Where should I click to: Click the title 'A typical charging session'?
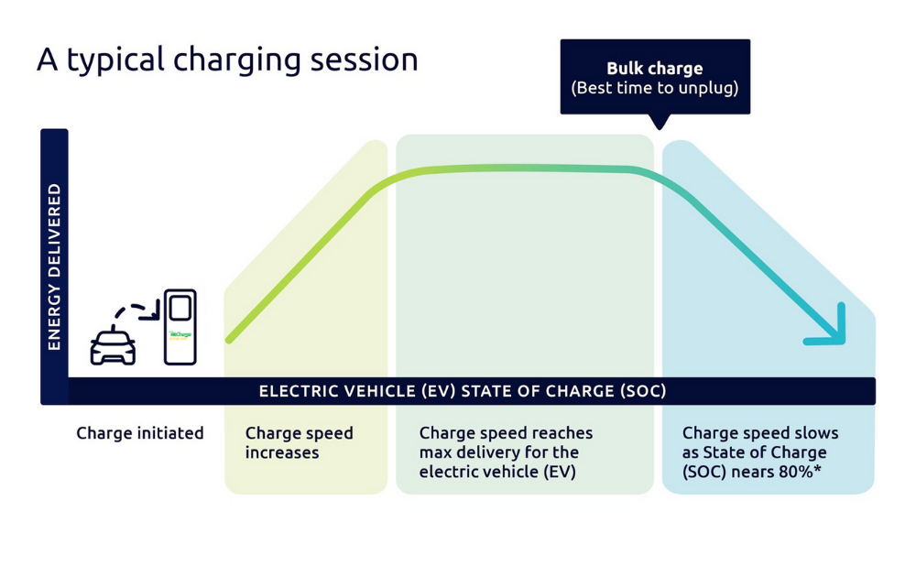pyautogui.click(x=227, y=60)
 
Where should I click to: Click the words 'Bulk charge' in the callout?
pyautogui.click(x=654, y=69)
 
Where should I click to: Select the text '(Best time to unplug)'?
pyautogui.click(x=654, y=89)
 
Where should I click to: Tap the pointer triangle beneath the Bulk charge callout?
pyautogui.click(x=658, y=122)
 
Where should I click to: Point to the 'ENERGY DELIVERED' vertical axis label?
pyautogui.click(x=54, y=266)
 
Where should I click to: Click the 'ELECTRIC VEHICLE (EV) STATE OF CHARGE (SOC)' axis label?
pyautogui.click(x=463, y=391)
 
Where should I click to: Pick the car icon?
pyautogui.click(x=113, y=345)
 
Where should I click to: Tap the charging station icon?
pyautogui.click(x=180, y=327)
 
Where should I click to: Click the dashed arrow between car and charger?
pyautogui.click(x=140, y=312)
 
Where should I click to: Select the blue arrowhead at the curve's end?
pyautogui.click(x=831, y=330)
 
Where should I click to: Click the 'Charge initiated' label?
pyautogui.click(x=140, y=433)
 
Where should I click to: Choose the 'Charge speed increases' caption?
pyautogui.click(x=299, y=442)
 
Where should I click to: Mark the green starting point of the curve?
pyautogui.click(x=229, y=340)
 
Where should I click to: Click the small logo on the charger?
pyautogui.click(x=180, y=335)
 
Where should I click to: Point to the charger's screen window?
pyautogui.click(x=180, y=308)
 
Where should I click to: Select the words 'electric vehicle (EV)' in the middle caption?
pyautogui.click(x=497, y=472)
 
